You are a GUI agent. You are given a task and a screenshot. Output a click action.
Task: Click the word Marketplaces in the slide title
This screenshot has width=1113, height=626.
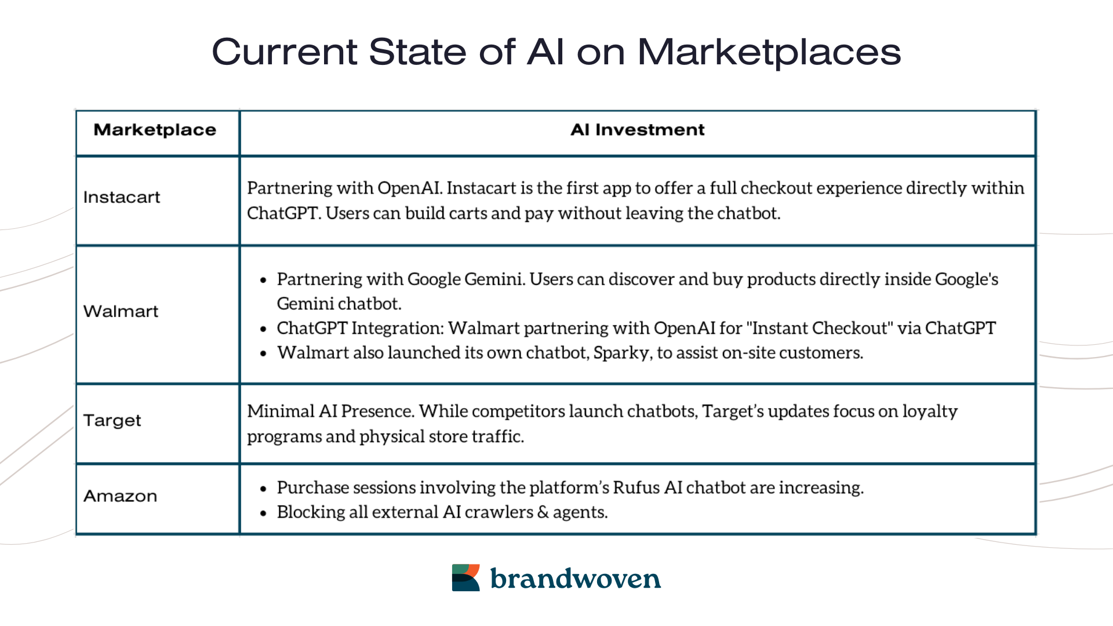(769, 52)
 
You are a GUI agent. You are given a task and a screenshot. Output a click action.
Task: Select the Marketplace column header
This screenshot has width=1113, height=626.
(155, 130)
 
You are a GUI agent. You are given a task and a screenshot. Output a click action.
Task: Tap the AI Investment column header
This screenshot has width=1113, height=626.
(637, 130)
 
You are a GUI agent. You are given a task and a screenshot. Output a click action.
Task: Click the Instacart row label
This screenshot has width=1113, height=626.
(122, 198)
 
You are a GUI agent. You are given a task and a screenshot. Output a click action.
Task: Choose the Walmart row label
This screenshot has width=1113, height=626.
(121, 311)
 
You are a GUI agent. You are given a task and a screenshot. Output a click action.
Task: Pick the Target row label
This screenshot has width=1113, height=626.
(112, 420)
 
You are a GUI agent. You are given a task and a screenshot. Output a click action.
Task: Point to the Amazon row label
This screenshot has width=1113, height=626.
(120, 496)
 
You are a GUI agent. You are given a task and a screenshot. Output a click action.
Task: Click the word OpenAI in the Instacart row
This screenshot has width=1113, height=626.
(409, 188)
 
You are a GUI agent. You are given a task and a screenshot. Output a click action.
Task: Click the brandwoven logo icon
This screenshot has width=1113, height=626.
(465, 577)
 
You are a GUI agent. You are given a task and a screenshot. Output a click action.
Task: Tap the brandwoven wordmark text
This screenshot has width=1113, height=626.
(575, 578)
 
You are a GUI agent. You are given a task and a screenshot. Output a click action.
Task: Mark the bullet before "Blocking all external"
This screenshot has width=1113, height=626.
(263, 513)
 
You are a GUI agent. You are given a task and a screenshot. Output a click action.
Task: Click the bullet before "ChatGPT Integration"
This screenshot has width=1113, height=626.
(263, 329)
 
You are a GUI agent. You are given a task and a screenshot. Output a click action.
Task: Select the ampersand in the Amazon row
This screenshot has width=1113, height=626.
(543, 512)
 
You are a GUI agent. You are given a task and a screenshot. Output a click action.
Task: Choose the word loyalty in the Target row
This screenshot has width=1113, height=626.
(930, 412)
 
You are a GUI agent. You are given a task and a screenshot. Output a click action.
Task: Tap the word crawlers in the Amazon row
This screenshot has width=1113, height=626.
(499, 512)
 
